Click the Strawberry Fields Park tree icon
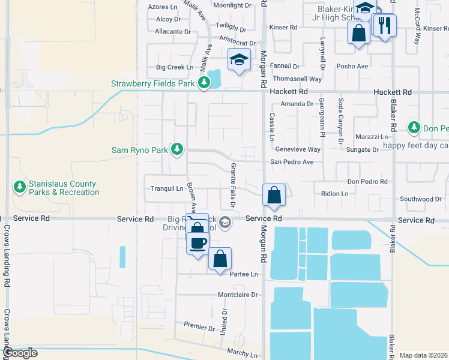pos(204,83)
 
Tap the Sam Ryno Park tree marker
pos(176,149)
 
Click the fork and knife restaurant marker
pos(384,25)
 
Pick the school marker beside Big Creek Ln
pos(239,60)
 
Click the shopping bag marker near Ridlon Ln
pos(274,195)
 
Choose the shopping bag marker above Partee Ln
pos(220,259)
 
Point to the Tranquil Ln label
pos(166,188)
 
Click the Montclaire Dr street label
pos(237,295)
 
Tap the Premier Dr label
pos(199,328)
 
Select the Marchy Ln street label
pos(241,351)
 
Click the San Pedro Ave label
pos(291,162)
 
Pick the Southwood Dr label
pos(421,199)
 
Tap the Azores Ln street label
pos(163,7)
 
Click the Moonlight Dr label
pos(232,5)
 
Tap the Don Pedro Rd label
pos(368,181)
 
